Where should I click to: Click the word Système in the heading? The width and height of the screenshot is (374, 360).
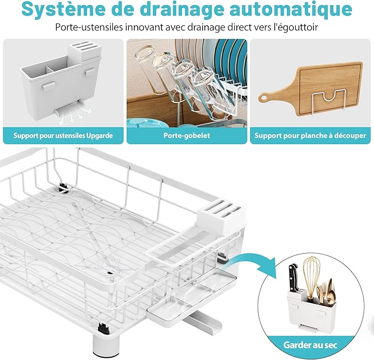[61, 9]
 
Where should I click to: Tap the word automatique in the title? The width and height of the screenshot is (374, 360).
[288, 9]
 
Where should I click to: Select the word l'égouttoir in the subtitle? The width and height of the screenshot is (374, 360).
[296, 27]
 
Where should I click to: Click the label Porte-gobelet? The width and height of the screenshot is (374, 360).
[187, 135]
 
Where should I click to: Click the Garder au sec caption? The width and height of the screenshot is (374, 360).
[310, 345]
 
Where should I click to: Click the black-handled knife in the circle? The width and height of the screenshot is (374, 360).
[294, 278]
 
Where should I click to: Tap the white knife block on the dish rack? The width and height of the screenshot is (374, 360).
[221, 217]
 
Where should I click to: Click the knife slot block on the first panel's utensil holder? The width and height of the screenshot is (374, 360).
[85, 51]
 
